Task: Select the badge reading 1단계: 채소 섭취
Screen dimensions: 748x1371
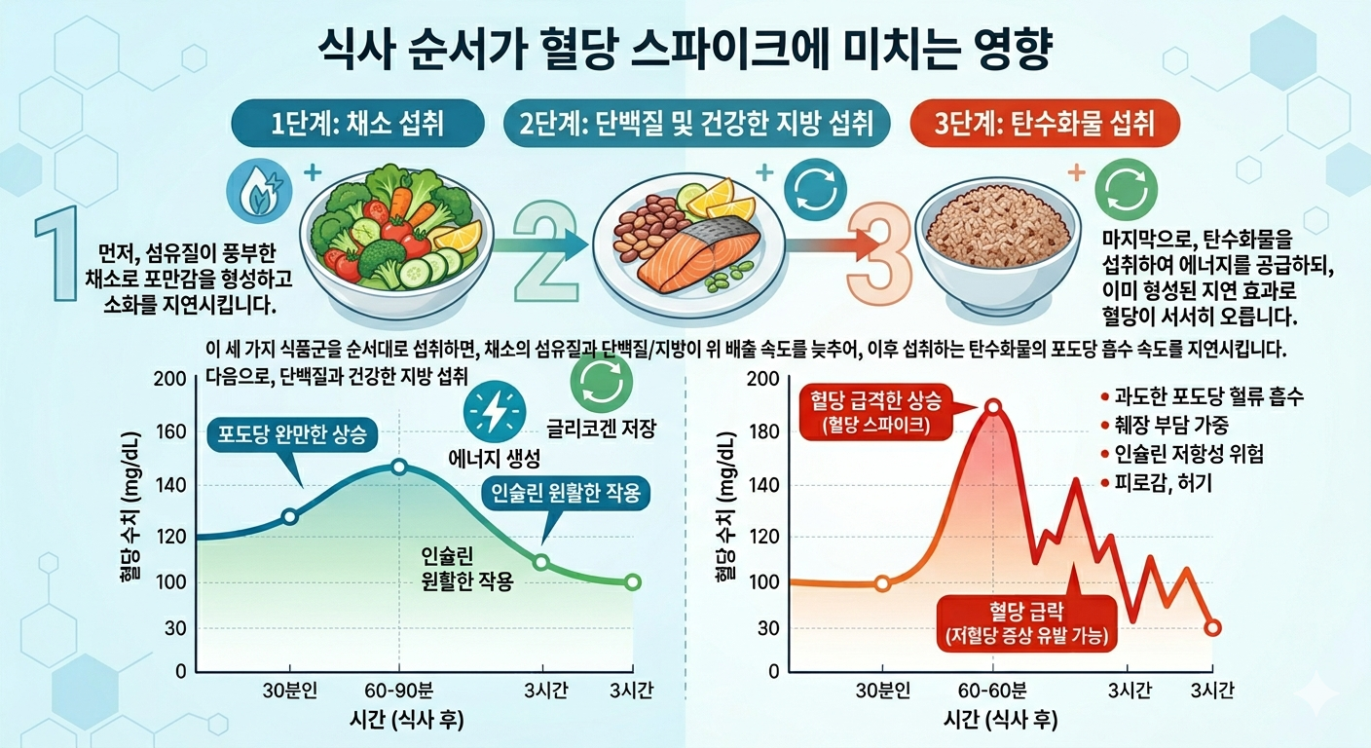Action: point(356,125)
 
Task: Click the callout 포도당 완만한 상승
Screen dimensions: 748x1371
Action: point(292,435)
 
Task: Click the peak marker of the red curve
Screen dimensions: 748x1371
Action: point(992,407)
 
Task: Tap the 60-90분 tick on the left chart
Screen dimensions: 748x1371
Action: point(398,692)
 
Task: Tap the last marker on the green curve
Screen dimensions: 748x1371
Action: point(632,582)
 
